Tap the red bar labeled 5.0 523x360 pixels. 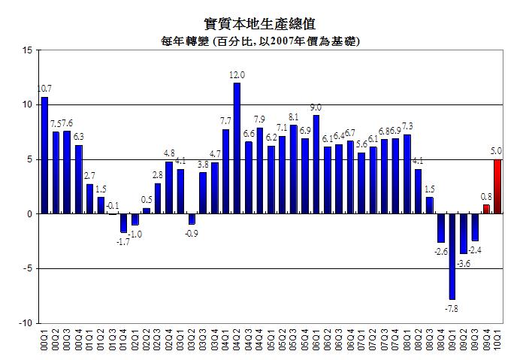(497, 186)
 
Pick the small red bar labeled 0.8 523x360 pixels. (486, 209)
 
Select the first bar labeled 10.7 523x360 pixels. (44, 156)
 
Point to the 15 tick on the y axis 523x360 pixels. (27, 50)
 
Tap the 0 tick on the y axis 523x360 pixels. (29, 214)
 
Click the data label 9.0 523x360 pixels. (316, 107)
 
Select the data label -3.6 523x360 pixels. (464, 263)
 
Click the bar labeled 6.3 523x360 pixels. (78, 180)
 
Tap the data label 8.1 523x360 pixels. (294, 117)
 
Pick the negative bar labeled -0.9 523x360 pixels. (192, 219)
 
